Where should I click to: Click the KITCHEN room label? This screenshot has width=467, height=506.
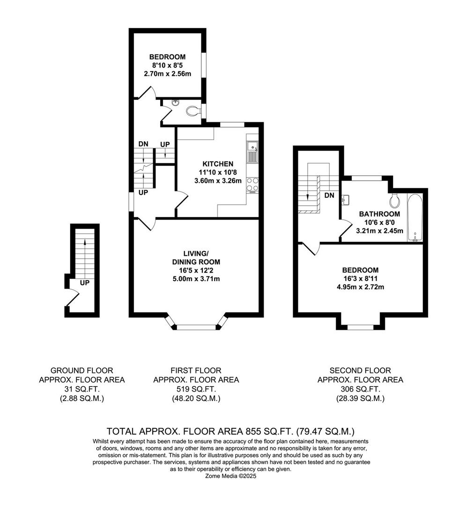click(217, 164)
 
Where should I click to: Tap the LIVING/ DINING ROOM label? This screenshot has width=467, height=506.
click(196, 258)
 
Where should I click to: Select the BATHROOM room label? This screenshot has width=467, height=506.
click(379, 214)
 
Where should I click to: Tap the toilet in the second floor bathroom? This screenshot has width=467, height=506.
click(395, 200)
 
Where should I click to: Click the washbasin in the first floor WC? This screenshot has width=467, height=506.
click(175, 103)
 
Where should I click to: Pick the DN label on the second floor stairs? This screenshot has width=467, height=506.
click(329, 195)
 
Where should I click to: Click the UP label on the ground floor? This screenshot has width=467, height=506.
click(85, 283)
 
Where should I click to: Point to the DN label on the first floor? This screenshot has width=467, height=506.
click(143, 144)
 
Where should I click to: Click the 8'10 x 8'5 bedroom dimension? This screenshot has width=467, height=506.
click(168, 66)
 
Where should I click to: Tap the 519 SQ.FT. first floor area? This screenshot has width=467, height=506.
click(196, 389)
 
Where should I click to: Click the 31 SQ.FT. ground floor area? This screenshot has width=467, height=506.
click(82, 389)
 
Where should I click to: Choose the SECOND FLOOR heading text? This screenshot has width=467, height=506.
click(360, 370)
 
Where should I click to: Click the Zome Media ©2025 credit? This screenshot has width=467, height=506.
click(231, 476)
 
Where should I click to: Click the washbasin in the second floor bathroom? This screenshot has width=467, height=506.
click(346, 200)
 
